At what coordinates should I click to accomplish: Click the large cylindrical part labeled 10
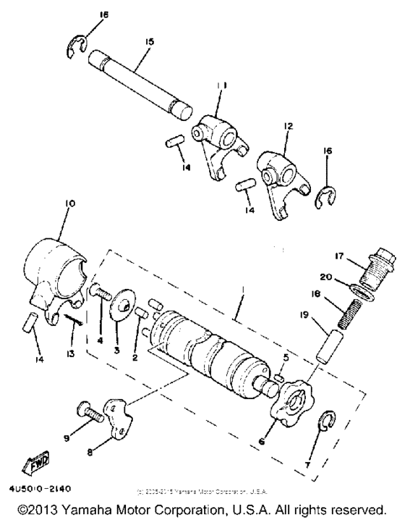[54, 257]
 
